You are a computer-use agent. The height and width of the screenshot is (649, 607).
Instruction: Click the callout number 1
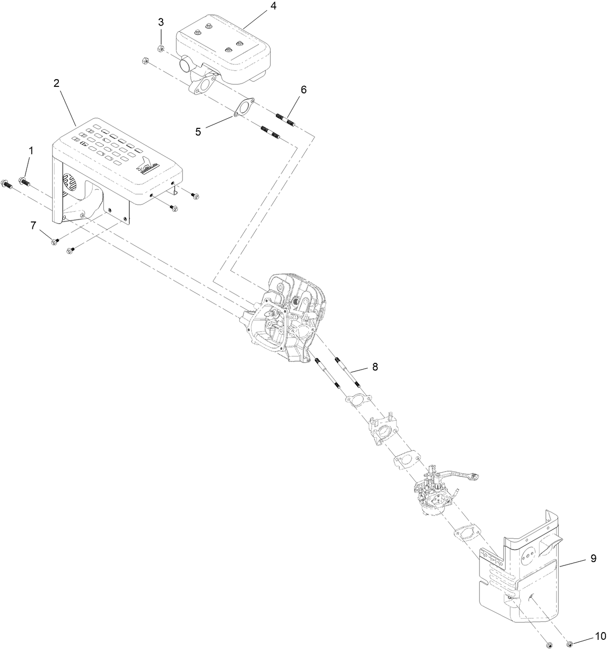[x=31, y=151]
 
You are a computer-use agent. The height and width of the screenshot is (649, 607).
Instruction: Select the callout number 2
[x=56, y=83]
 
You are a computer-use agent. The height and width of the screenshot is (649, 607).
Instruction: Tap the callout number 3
[x=161, y=22]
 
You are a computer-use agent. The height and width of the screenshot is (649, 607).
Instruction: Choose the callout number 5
[x=198, y=131]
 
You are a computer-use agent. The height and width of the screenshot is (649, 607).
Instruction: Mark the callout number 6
[x=303, y=89]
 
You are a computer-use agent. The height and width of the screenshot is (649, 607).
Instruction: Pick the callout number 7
[x=33, y=225]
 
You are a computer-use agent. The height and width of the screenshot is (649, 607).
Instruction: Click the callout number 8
[x=374, y=367]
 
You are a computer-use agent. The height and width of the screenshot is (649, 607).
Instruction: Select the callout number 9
[x=593, y=558]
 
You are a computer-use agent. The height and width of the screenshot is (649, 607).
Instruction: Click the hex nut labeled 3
[x=161, y=48]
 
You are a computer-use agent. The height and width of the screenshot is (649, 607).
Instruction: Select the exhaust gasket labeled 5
[x=244, y=108]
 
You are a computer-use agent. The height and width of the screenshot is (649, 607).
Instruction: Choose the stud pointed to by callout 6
[x=285, y=119]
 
